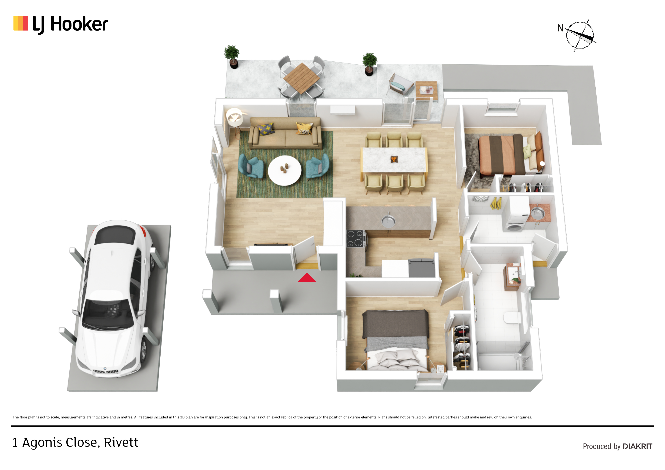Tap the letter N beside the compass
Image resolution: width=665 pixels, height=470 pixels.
tap(560, 28)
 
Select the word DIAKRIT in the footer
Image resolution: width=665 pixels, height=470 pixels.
tap(638, 446)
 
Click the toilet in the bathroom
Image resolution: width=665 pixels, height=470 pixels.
tap(512, 318)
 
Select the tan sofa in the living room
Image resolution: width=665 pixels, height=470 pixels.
tap(285, 133)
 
